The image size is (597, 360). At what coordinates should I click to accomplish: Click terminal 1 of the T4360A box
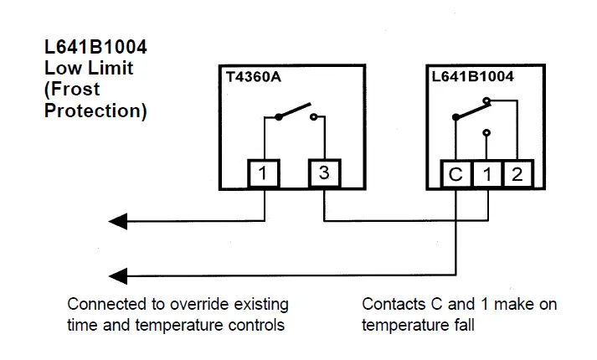[x=264, y=173]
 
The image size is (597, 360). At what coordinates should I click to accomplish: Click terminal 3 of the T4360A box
[x=324, y=173]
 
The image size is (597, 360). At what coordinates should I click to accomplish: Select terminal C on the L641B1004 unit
[x=456, y=174]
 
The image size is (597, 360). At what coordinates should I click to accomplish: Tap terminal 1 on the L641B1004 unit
[x=487, y=174]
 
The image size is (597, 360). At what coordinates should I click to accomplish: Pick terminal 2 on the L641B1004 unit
[x=518, y=174]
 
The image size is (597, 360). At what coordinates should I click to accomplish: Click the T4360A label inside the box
[x=253, y=77]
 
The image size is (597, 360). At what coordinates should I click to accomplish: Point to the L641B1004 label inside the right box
[x=472, y=76]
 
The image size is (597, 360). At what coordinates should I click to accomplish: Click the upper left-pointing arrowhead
[x=118, y=221]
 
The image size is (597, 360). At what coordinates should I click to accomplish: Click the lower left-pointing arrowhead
[x=118, y=276]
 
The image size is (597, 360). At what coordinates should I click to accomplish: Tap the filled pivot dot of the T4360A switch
[x=279, y=117]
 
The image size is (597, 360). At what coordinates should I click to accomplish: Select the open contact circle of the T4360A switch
[x=313, y=117]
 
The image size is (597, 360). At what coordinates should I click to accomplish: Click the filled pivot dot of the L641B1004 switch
[x=455, y=117]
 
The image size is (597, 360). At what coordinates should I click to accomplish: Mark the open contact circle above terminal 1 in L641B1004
[x=486, y=133]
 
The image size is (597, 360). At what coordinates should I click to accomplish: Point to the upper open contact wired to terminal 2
[x=486, y=100]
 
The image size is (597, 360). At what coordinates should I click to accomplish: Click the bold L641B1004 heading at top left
[x=95, y=47]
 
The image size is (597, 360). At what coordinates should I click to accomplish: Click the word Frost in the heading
[x=75, y=90]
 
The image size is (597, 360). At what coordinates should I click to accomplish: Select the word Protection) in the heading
[x=95, y=111]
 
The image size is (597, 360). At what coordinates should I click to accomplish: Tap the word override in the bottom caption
[x=199, y=305]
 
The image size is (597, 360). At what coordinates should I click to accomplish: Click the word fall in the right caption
[x=464, y=325]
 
